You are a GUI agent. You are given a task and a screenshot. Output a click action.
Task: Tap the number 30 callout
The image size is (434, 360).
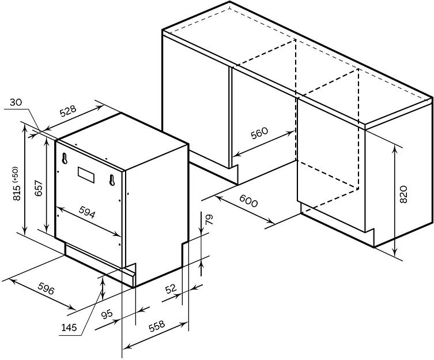point(16,103)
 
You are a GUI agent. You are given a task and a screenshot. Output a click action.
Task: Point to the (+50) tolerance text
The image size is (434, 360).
point(15,172)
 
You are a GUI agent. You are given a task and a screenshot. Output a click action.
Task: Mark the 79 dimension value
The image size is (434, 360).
point(209,219)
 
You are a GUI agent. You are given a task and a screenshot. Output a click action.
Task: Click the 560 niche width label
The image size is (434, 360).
point(261,134)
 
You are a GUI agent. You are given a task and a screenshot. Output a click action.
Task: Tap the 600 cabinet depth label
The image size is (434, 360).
point(248,202)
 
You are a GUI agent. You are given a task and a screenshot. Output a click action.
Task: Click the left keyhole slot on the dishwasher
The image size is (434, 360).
point(64,156)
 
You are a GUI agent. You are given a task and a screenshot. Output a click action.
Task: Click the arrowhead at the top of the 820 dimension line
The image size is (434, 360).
point(395,148)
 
